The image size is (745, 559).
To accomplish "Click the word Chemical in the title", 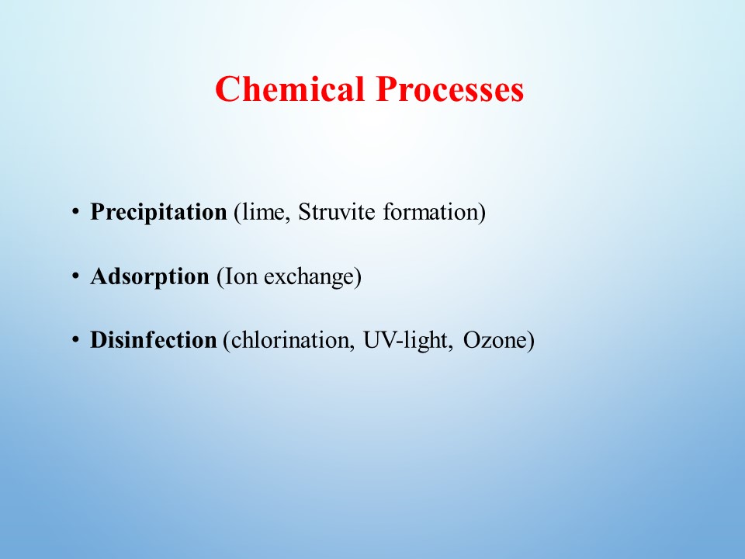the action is (289, 89).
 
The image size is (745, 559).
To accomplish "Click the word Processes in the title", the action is (450, 89).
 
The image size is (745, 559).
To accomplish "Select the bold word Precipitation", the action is (158, 212).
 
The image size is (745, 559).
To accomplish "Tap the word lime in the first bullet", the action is (262, 211).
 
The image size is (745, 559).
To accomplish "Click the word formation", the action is (430, 211).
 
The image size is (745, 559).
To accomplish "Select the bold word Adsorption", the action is (150, 276).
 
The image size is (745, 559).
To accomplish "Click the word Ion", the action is (241, 276).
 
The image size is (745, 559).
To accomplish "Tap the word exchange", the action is (309, 276).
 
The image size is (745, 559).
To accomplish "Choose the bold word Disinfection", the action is (154, 340).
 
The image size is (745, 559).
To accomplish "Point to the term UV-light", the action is (407, 340).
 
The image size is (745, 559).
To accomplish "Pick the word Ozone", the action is (495, 340).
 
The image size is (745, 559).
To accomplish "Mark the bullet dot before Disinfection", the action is (75, 339).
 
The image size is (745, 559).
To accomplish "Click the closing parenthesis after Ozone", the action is (531, 340).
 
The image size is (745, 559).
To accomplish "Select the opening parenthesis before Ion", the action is (220, 276).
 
